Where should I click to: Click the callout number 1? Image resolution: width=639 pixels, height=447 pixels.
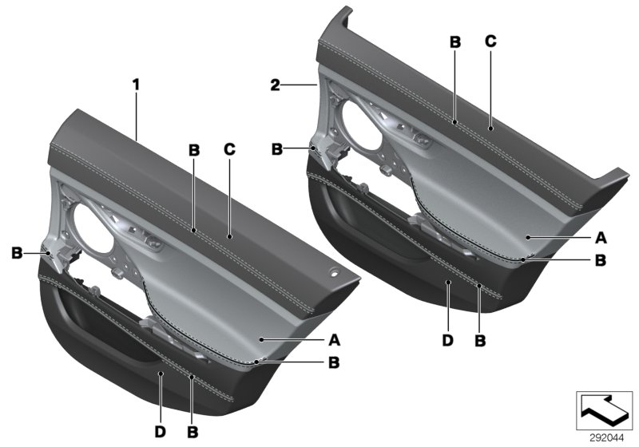136,82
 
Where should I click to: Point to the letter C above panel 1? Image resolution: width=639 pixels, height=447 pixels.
230,149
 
